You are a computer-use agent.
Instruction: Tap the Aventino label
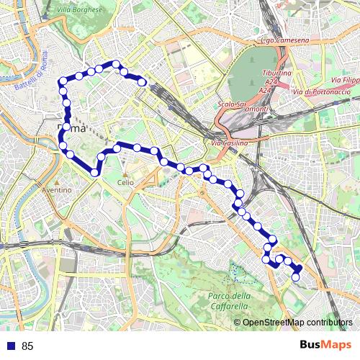(57, 189)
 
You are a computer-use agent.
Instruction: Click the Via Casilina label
(229, 143)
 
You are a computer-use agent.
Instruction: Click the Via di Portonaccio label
(322, 91)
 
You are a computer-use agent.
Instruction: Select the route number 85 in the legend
(27, 346)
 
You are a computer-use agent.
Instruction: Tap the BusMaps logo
(326, 345)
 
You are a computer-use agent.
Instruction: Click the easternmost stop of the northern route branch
(143, 82)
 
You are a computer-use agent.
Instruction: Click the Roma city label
(72, 128)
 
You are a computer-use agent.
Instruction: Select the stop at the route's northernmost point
(114, 64)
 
